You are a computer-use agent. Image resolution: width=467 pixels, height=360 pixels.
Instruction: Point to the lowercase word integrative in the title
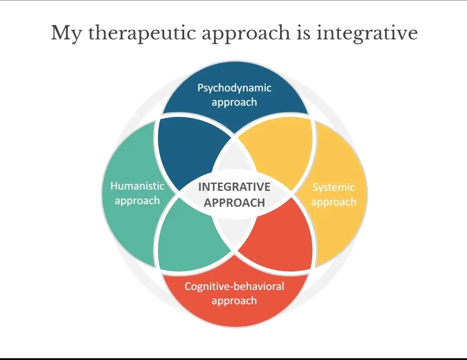point(367,33)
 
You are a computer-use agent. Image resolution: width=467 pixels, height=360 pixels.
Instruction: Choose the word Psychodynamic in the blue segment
point(234,88)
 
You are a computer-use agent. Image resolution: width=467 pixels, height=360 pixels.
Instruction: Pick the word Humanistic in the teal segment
point(138,186)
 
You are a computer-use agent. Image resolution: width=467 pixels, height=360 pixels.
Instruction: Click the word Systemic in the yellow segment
point(333,187)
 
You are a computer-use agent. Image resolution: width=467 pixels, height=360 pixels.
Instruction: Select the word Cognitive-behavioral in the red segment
point(234,286)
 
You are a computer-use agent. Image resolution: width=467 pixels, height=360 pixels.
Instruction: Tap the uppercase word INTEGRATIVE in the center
point(234,187)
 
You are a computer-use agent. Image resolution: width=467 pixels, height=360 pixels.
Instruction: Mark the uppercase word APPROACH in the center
point(234,202)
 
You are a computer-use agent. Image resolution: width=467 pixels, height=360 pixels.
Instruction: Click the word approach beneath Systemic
point(333,202)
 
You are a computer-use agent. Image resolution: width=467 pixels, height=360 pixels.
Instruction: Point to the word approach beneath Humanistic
point(138,201)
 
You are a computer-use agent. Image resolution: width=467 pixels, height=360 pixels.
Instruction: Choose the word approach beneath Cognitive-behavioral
point(234,301)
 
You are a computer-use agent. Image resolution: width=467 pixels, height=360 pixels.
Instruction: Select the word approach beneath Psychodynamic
point(234,103)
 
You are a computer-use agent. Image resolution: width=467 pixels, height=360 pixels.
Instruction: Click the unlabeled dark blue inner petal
point(186,151)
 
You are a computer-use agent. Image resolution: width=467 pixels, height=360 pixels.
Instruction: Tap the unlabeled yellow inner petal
point(281,151)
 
